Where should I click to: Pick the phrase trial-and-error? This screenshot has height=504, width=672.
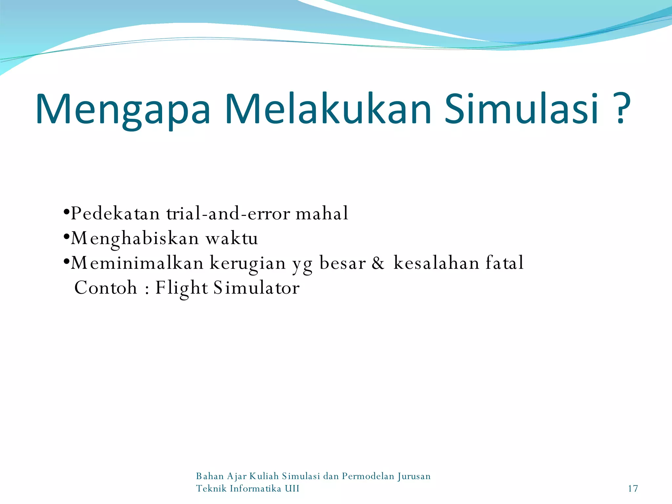tap(228, 214)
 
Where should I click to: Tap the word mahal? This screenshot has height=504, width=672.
tap(322, 214)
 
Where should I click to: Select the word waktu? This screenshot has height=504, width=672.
tap(232, 239)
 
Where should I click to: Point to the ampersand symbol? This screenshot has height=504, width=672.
tap(378, 263)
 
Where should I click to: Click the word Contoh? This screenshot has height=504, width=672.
tap(106, 288)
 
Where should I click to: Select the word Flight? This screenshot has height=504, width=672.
tap(181, 288)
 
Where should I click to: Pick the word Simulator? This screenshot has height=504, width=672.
tap(256, 288)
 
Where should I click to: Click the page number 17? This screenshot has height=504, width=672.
tap(633, 489)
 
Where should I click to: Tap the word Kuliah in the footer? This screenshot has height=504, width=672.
tap(264, 476)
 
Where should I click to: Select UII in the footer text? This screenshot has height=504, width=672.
tap(292, 489)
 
